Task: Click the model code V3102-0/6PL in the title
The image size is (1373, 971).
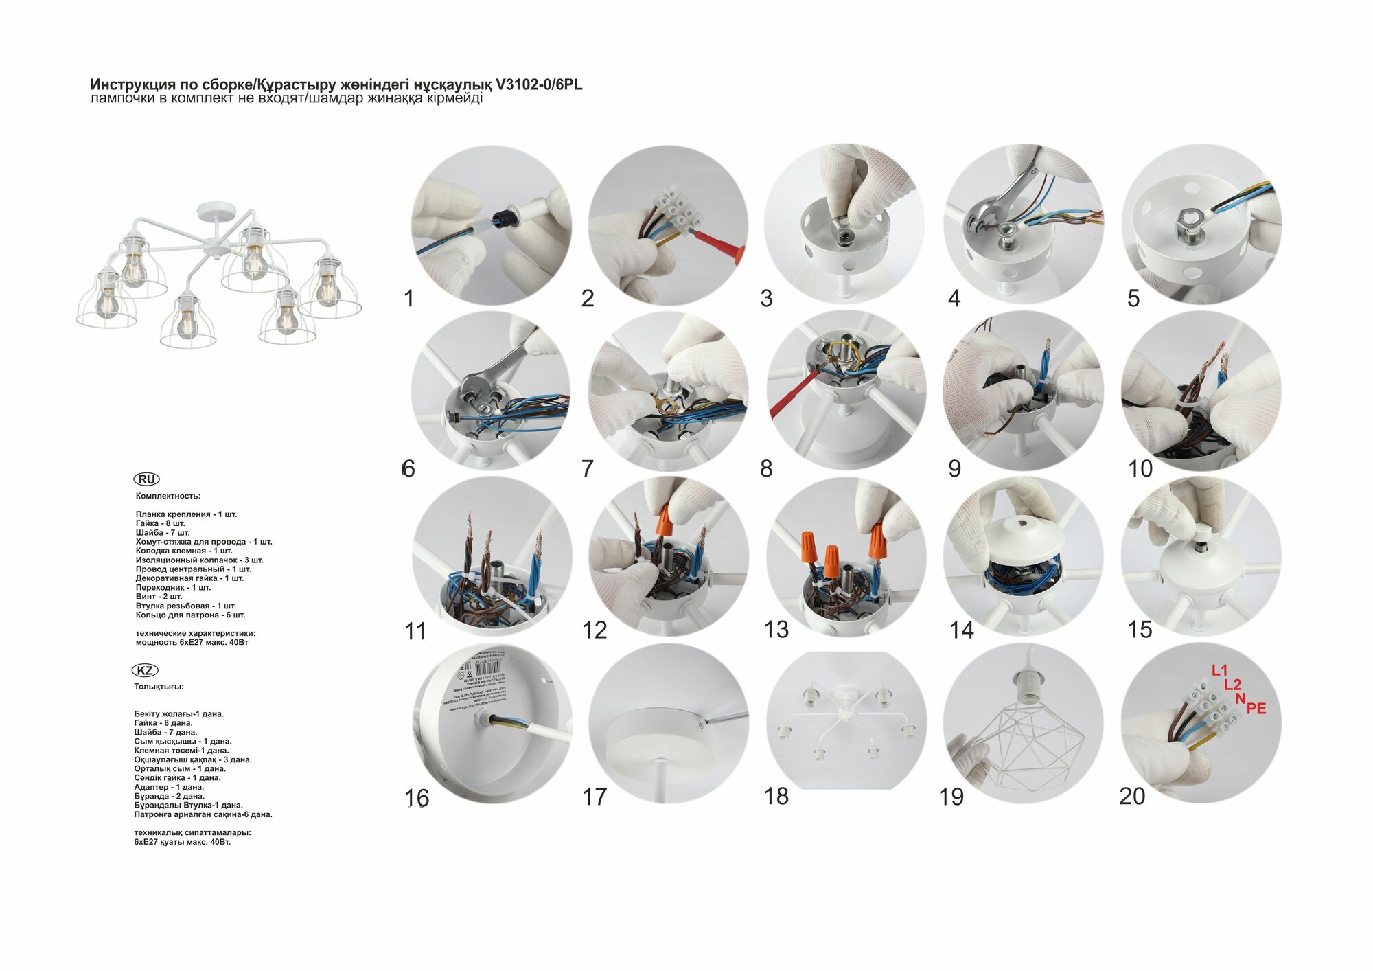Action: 539,84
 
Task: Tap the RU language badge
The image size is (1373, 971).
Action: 146,479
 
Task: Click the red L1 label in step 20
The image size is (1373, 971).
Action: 1219,670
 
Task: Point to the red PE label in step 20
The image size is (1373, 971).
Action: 1256,708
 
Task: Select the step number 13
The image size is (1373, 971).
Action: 776,629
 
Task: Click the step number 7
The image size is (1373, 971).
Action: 587,468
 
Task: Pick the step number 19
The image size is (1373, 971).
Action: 951,797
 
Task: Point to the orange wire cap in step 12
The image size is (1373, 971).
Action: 664,518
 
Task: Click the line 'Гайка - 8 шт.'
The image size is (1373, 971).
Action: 160,523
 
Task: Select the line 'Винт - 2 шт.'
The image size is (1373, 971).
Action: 159,597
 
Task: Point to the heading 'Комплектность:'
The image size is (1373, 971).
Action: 168,496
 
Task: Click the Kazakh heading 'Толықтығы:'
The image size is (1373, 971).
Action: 159,687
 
